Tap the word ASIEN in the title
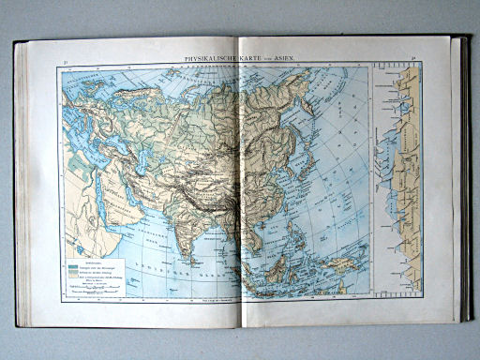(x=283, y=59)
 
